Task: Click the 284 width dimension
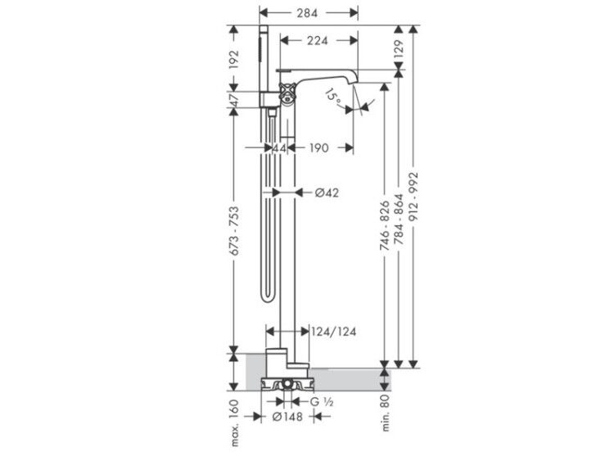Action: coord(307,13)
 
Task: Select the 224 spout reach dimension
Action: coord(317,41)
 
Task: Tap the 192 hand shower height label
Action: coord(234,60)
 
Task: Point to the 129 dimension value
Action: coord(398,49)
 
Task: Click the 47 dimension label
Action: coord(234,101)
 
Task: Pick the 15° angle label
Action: coord(333,97)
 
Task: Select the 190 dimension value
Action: coord(318,148)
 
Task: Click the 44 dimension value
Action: coord(279,148)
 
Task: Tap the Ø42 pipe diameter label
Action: coord(327,192)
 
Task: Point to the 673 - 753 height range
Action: coord(234,232)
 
